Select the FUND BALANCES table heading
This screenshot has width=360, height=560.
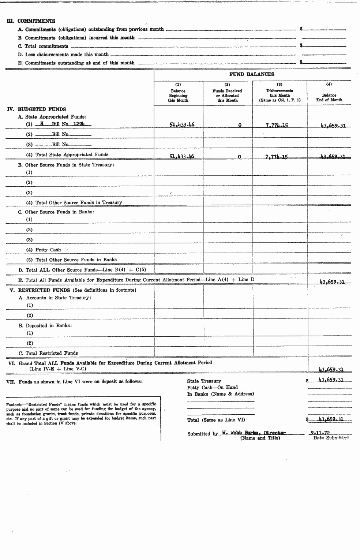pyautogui.click(x=252, y=74)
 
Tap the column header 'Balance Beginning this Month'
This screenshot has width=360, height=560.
pyautogui.click(x=178, y=96)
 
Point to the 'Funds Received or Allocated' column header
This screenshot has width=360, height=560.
pyautogui.click(x=227, y=96)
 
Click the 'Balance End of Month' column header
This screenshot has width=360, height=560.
pyautogui.click(x=329, y=97)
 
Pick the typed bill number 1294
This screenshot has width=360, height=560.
pyautogui.click(x=79, y=124)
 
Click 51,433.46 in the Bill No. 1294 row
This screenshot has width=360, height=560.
pyautogui.click(x=182, y=125)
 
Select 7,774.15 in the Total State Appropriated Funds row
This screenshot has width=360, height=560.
pyautogui.click(x=277, y=157)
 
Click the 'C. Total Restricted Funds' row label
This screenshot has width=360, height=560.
pyautogui.click(x=48, y=353)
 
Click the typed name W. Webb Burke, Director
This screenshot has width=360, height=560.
pyautogui.click(x=254, y=433)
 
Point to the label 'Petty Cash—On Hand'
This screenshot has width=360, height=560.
pyautogui.click(x=212, y=387)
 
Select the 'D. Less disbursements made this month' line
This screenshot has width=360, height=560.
pyautogui.click(x=63, y=55)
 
